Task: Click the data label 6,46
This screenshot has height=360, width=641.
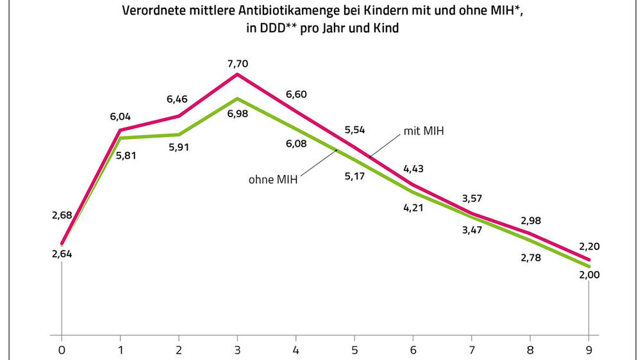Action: pyautogui.click(x=178, y=100)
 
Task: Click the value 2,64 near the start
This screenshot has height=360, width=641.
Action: pyautogui.click(x=62, y=254)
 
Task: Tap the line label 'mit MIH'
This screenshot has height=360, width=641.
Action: pyautogui.click(x=424, y=131)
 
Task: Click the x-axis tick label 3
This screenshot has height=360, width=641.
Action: pyautogui.click(x=238, y=350)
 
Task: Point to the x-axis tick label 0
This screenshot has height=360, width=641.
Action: pyautogui.click(x=62, y=350)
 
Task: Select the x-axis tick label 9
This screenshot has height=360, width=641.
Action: pyautogui.click(x=589, y=350)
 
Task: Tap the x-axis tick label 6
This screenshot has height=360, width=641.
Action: pyautogui.click(x=413, y=350)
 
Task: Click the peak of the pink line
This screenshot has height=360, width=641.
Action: pyautogui.click(x=238, y=74)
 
